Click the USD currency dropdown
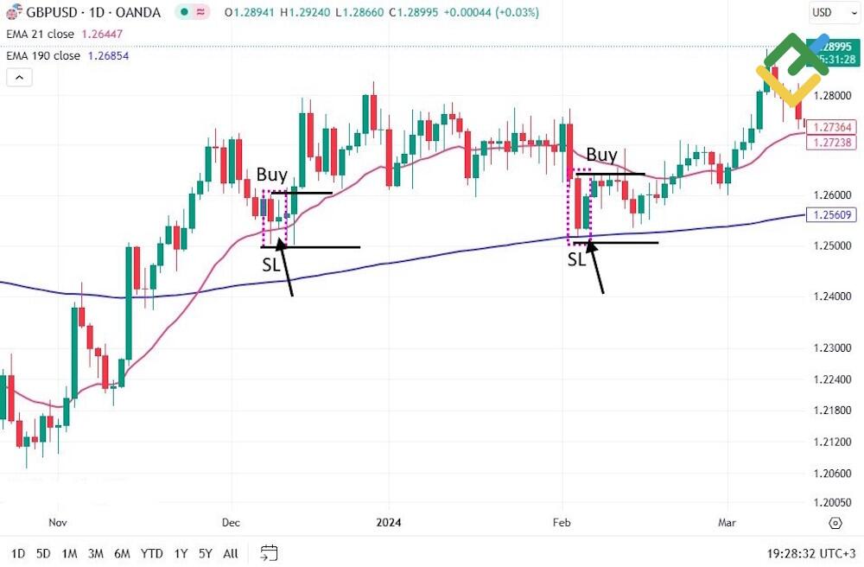[x=831, y=13]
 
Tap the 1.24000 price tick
[x=832, y=296]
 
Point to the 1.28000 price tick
[x=832, y=97]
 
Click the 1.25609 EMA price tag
[x=831, y=215]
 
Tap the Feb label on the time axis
[x=562, y=522]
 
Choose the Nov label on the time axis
[x=58, y=522]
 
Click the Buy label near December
[x=271, y=175]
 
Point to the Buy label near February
[x=601, y=155]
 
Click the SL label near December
[x=270, y=264]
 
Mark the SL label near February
[x=576, y=258]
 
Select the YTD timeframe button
[x=152, y=553]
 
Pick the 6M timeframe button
[x=122, y=553]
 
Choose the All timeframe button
[x=231, y=553]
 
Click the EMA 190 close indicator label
[x=43, y=55]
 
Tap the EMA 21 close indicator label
[x=40, y=34]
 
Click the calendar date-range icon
[x=269, y=553]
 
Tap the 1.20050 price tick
[x=832, y=503]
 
